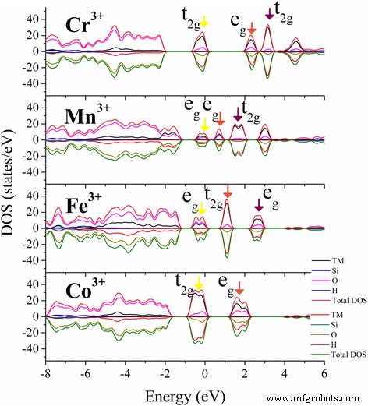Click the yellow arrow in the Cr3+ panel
204,22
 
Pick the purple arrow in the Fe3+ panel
259,204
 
